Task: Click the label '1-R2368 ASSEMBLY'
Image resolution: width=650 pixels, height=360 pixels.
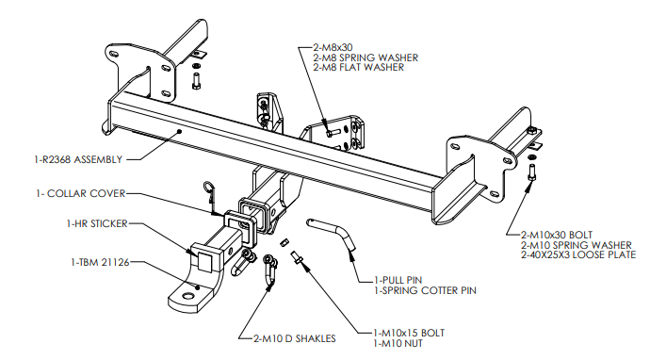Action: [78, 159]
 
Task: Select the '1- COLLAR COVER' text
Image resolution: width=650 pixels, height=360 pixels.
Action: [80, 194]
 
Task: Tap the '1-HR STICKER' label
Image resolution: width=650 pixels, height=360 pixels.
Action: [97, 223]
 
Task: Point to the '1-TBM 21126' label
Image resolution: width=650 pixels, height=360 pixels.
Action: [100, 262]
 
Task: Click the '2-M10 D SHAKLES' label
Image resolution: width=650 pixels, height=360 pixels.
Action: [294, 339]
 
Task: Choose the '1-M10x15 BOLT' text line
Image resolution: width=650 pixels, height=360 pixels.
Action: [409, 333]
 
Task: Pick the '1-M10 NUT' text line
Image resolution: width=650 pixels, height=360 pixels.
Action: [398, 343]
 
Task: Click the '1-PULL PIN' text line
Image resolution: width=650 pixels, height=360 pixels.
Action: [398, 280]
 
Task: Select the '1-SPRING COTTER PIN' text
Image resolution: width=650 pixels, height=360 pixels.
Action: [425, 290]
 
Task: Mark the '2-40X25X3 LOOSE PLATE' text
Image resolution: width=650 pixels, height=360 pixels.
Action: [578, 254]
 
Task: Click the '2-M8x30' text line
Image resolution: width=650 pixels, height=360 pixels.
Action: [333, 48]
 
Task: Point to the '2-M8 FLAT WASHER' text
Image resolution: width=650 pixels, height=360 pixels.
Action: [358, 67]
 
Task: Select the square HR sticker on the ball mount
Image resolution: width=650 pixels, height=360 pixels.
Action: [205, 259]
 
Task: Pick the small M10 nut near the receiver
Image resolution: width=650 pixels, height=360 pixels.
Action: [284, 242]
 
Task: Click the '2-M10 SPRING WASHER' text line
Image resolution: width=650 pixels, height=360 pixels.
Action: [577, 245]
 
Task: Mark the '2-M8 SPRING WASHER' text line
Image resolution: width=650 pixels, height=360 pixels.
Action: [366, 57]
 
